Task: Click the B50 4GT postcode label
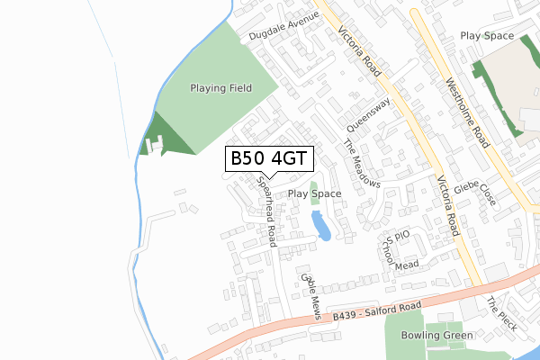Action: point(269,159)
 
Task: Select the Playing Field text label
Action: point(220,88)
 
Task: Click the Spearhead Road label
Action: point(266,211)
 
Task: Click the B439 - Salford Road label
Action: point(376,312)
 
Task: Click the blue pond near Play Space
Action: point(321,226)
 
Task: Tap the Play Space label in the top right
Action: point(487,36)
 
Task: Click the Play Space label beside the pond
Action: point(314,193)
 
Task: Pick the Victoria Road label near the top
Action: point(361,52)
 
